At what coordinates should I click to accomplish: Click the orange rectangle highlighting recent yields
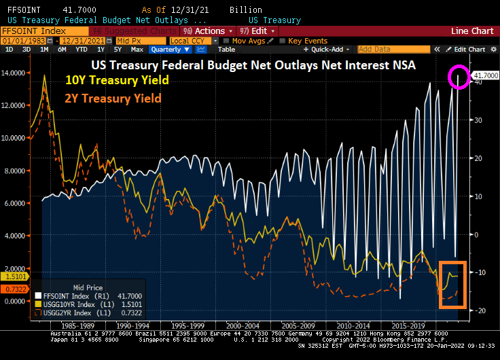(x=453, y=284)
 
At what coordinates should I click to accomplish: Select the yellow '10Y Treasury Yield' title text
(x=116, y=81)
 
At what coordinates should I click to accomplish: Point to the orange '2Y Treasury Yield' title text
(x=113, y=98)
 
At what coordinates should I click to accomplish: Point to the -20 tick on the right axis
(x=479, y=310)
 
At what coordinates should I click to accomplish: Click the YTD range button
(x=82, y=50)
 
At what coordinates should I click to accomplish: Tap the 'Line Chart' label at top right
(x=474, y=31)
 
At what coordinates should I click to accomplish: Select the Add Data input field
(x=385, y=50)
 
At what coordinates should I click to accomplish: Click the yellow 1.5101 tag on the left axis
(x=13, y=277)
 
